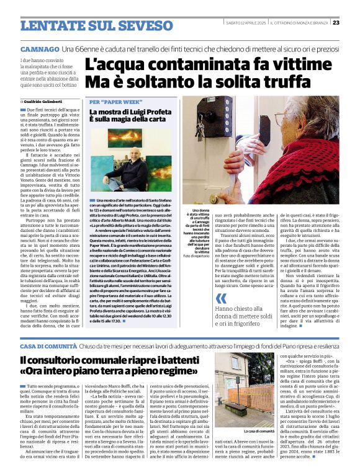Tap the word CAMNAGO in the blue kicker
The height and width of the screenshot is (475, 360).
coord(40,48)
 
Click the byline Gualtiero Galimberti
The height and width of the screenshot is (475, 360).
coord(43,101)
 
